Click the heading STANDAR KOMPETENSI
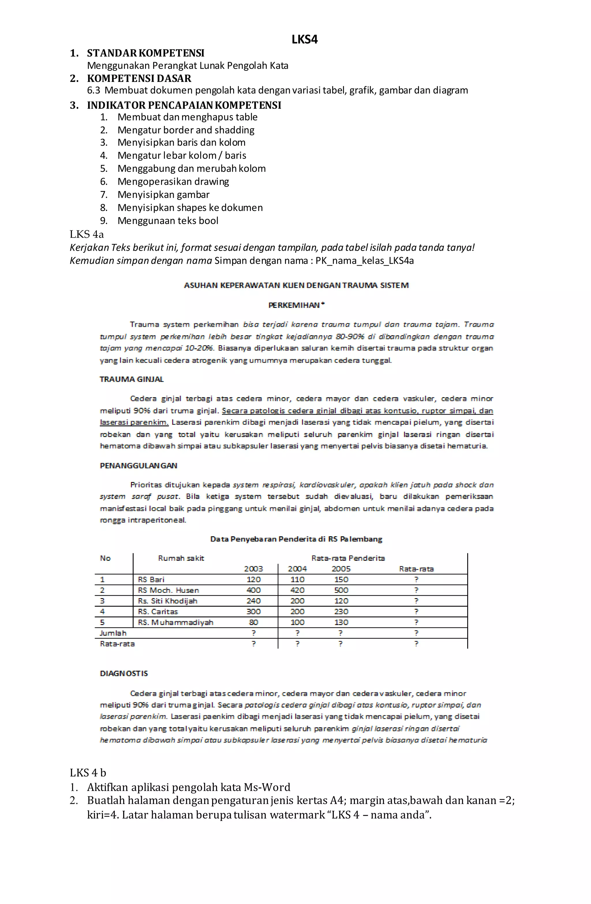point(145,53)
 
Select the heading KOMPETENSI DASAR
point(139,78)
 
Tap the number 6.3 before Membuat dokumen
point(94,90)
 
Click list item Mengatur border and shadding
point(186,130)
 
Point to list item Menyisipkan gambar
point(163,195)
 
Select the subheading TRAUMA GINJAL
point(131,379)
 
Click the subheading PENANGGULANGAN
point(138,465)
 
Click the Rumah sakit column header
point(181,558)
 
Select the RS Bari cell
point(151,579)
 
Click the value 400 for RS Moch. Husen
point(253,590)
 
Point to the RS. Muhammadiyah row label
point(175,622)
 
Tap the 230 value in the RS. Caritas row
point(341,612)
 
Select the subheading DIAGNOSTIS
point(124,673)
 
